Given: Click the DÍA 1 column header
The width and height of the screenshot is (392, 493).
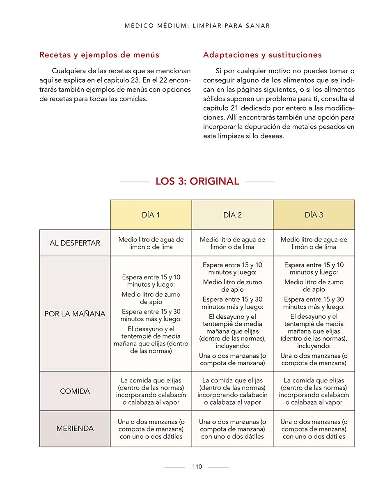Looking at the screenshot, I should click(x=151, y=215).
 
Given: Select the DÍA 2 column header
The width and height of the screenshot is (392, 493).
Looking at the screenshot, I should click(x=232, y=215).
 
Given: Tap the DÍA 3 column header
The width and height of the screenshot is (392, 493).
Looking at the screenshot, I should click(x=314, y=215).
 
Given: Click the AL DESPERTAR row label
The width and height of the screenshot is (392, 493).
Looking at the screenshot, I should click(x=75, y=243).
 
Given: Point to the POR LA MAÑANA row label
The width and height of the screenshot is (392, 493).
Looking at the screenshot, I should click(x=75, y=314).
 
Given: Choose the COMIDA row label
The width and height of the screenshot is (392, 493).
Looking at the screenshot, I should click(x=75, y=391).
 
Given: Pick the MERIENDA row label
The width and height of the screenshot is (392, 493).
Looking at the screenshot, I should click(x=75, y=428).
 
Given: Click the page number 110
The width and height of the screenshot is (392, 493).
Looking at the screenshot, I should click(x=197, y=467).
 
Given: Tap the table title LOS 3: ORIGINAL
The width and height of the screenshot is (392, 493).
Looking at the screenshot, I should click(x=197, y=181).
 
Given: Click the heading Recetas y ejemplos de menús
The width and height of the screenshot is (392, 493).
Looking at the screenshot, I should click(x=99, y=55).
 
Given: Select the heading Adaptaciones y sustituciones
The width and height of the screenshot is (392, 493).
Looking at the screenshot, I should click(x=262, y=55).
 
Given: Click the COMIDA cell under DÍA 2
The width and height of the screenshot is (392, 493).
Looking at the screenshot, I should click(x=232, y=391).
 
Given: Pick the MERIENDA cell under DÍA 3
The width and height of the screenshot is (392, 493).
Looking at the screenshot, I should click(x=314, y=428).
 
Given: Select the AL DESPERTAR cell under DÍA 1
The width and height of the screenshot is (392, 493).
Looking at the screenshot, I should click(x=151, y=243).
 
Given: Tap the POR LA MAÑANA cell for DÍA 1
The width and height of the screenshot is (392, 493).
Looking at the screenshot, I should click(x=151, y=314).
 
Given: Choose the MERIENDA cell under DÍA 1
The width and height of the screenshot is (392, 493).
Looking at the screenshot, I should click(x=151, y=428).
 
